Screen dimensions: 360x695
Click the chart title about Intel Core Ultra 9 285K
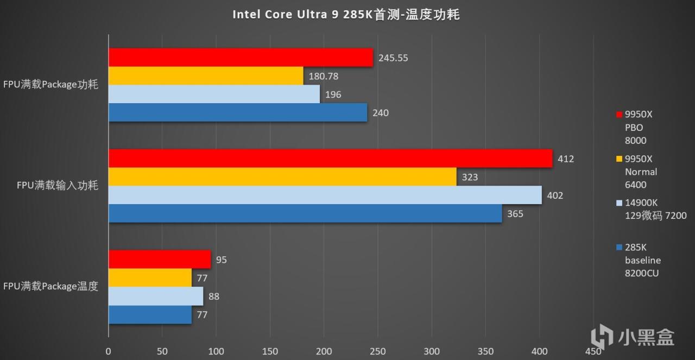tap(346, 15)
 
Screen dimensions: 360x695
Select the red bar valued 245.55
tap(241, 58)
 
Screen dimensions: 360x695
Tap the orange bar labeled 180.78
tap(206, 76)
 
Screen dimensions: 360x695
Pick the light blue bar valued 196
tap(214, 94)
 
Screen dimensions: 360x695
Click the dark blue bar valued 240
tap(238, 113)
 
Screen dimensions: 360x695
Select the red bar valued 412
tap(330, 159)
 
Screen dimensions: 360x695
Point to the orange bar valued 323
tap(282, 177)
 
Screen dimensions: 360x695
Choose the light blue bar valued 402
tap(325, 195)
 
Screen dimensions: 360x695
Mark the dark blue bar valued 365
tap(305, 214)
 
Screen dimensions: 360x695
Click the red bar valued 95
tap(160, 260)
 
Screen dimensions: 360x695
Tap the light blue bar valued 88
tap(156, 296)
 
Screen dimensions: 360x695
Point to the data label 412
tap(565, 159)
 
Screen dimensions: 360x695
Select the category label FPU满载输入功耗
tap(58, 186)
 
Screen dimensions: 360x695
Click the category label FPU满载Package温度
tap(51, 286)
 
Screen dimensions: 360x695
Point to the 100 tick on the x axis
tap(216, 351)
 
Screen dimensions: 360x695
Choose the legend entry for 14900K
tap(652, 209)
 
